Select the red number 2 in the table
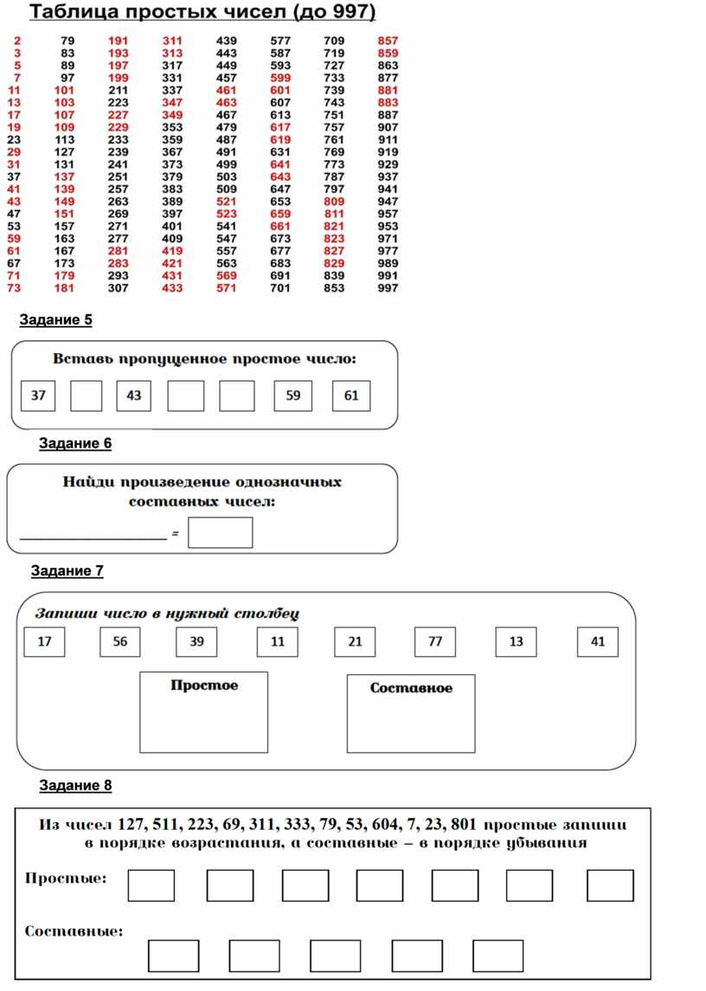coord(18,41)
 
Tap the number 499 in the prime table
coord(227,164)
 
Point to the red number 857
coord(388,41)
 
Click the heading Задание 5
coord(56,320)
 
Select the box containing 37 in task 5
coord(38,396)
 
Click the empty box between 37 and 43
coord(86,396)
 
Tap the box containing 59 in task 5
coord(293,396)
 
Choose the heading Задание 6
coord(76,444)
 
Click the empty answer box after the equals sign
coord(221,533)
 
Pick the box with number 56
coord(120,642)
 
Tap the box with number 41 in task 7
coord(598,642)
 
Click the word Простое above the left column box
coord(204,685)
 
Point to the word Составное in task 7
coord(411,688)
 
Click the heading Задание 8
coord(76,786)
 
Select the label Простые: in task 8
coord(66,878)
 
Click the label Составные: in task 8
coord(74,932)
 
